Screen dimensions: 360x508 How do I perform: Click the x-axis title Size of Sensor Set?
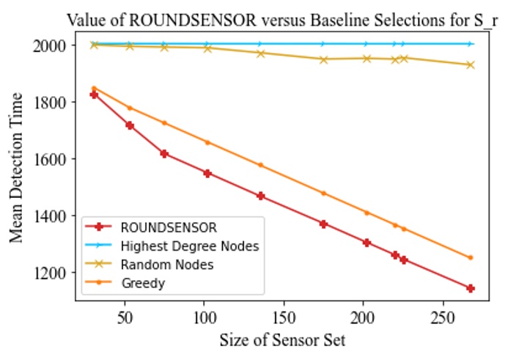click(x=273, y=340)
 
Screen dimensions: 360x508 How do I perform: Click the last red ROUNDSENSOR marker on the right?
click(x=470, y=288)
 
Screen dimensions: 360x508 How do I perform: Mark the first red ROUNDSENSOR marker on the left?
click(x=94, y=95)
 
